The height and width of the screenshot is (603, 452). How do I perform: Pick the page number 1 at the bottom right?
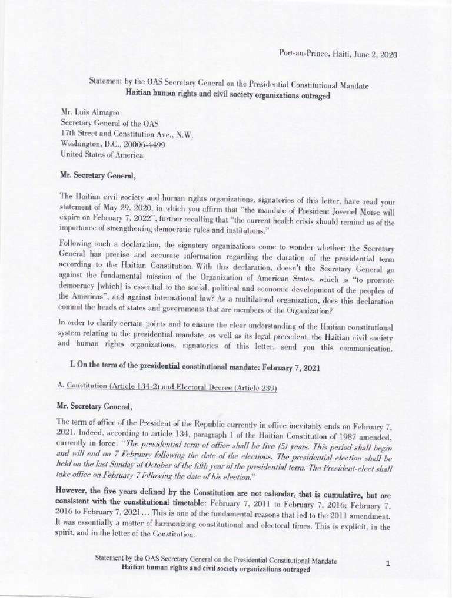point(388,564)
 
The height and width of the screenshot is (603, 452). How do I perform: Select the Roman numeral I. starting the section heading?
point(71,366)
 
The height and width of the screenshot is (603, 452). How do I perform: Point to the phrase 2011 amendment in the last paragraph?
point(355,511)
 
